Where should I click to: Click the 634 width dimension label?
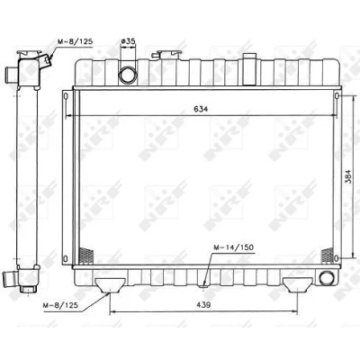[201, 109]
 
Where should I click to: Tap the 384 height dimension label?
[348, 177]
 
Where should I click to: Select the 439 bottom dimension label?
[203, 305]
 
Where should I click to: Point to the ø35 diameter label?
[128, 41]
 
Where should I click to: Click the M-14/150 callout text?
[233, 247]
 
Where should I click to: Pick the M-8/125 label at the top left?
[75, 41]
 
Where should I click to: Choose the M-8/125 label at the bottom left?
[61, 305]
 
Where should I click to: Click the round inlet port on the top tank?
[128, 75]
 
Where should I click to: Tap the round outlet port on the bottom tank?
[327, 278]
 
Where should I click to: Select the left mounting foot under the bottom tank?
[110, 285]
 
